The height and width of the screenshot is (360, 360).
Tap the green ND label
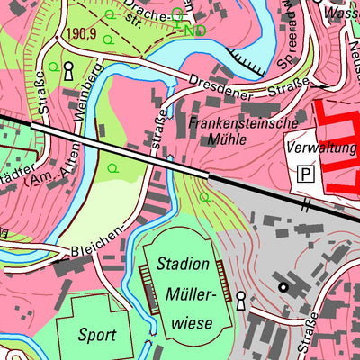tap(194, 31)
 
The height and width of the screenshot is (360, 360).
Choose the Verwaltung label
tap(321, 147)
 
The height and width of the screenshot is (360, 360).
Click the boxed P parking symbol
tap(307, 172)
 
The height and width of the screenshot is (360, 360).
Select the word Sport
tap(95, 335)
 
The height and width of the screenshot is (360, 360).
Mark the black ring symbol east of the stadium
tap(284, 287)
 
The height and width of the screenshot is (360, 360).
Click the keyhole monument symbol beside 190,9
tap(67, 70)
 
